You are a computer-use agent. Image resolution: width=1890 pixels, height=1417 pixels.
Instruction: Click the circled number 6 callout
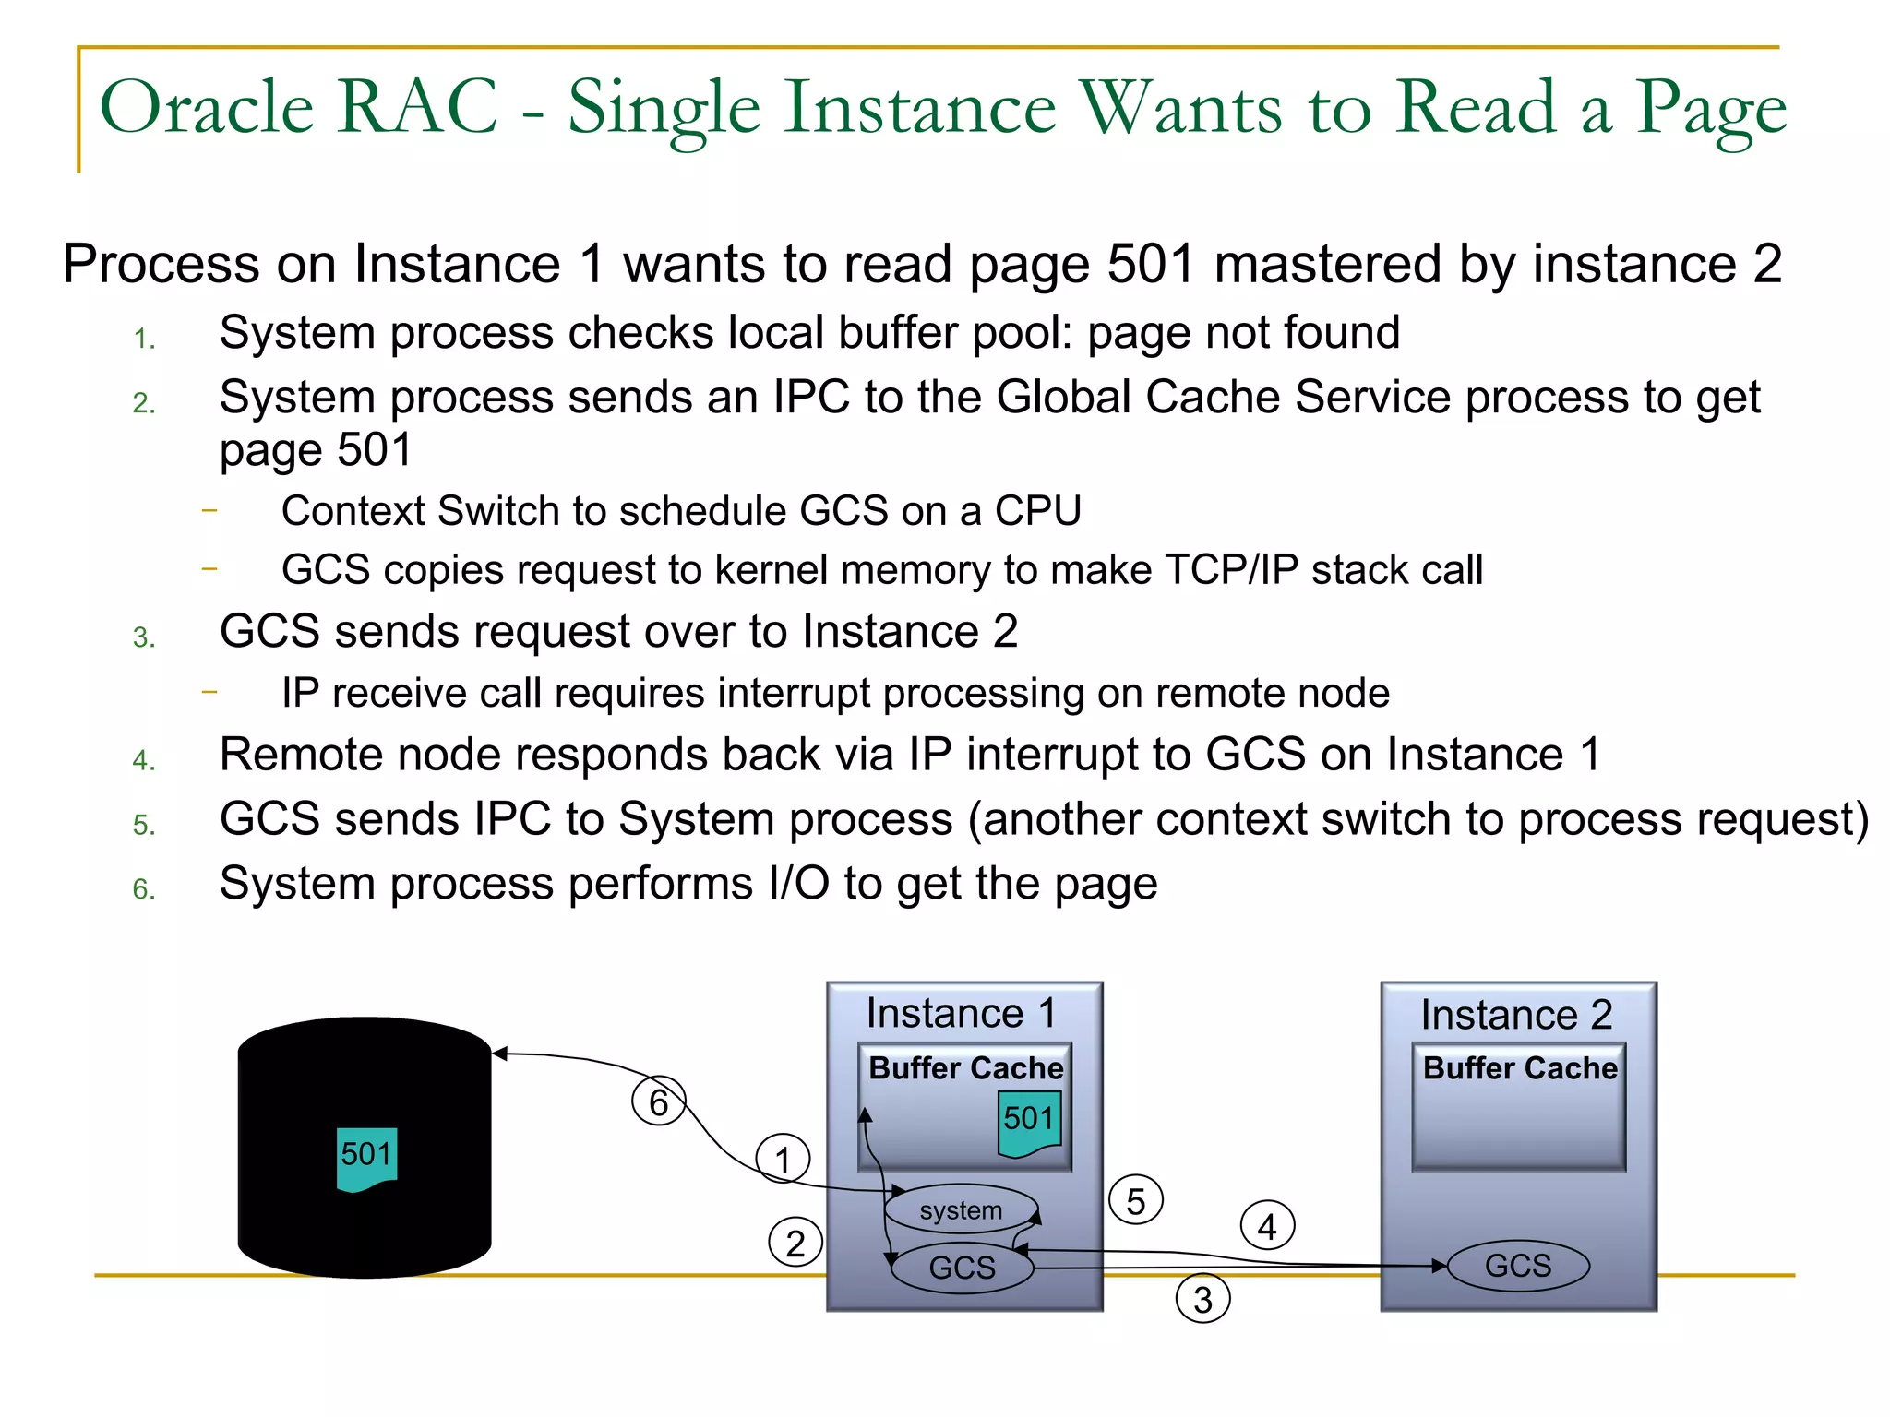click(658, 1101)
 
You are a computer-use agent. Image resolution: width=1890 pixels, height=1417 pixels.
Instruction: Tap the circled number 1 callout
click(783, 1160)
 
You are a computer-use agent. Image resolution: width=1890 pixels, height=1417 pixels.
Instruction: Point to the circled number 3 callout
click(1202, 1299)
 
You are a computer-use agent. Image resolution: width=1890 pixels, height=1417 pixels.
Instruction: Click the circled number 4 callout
click(1268, 1226)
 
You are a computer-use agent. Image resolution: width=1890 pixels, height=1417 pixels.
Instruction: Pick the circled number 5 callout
click(1136, 1200)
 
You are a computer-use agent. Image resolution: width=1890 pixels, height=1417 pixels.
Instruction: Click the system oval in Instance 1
click(961, 1209)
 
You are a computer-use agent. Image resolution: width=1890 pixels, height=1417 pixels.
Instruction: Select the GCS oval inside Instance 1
click(962, 1267)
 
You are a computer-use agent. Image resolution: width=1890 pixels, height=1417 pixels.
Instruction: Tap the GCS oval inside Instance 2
click(1518, 1265)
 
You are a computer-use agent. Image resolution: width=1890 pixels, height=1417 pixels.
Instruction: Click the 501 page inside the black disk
click(366, 1157)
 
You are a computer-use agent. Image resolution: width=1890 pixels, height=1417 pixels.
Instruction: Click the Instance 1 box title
click(961, 1013)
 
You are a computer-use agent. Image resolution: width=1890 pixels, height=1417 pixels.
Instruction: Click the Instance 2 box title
click(1516, 1015)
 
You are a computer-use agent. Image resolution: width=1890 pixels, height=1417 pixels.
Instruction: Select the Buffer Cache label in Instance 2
click(1520, 1067)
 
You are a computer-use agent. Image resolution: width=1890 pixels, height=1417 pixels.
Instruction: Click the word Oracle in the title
click(207, 107)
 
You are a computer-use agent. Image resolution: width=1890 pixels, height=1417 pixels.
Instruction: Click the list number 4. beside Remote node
click(144, 760)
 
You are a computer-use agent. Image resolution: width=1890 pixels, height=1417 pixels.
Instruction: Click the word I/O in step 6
click(798, 884)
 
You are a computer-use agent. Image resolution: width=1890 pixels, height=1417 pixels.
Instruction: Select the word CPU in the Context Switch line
click(1036, 511)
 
